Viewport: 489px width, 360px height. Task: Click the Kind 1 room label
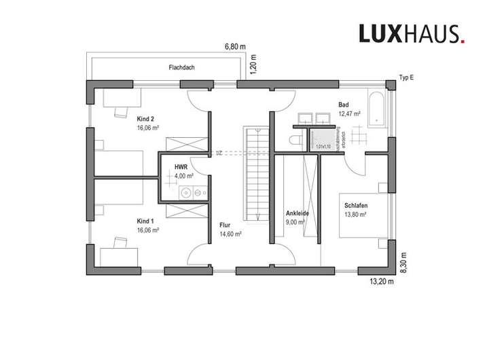click(x=146, y=221)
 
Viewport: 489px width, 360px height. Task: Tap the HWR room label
click(x=181, y=166)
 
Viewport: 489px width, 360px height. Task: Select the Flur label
click(x=225, y=224)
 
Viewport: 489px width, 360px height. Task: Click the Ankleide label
click(x=297, y=213)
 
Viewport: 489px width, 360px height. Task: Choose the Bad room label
click(x=344, y=105)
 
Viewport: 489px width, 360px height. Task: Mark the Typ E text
click(x=407, y=78)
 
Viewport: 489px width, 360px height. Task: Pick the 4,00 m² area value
click(x=184, y=175)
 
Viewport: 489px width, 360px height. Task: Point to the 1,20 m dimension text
click(x=253, y=67)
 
